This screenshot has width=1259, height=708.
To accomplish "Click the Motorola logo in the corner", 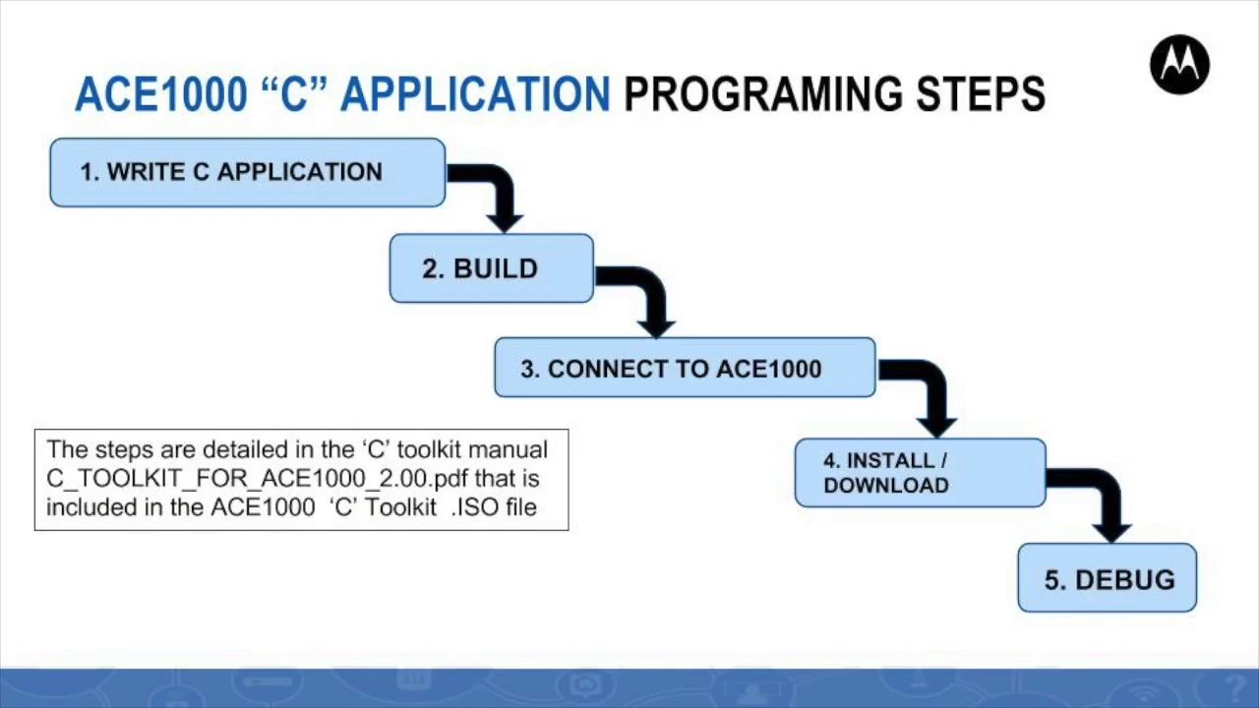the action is (1179, 65).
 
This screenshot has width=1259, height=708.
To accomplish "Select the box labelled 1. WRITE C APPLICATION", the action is (248, 172).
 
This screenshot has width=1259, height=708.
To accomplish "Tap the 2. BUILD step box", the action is (492, 268).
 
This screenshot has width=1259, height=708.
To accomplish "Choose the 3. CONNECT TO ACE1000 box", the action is (686, 368).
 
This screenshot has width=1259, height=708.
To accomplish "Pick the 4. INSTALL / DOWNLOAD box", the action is (921, 473).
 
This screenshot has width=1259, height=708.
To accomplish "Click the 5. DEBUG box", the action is (1108, 577).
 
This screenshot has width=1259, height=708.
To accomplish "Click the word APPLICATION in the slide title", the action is (475, 93).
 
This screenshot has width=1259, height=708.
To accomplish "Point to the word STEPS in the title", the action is (981, 93).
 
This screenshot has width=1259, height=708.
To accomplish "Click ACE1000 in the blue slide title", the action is (161, 93).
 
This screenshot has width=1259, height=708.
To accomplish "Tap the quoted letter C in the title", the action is (294, 92).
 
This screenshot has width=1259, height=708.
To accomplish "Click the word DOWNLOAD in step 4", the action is (886, 486).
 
